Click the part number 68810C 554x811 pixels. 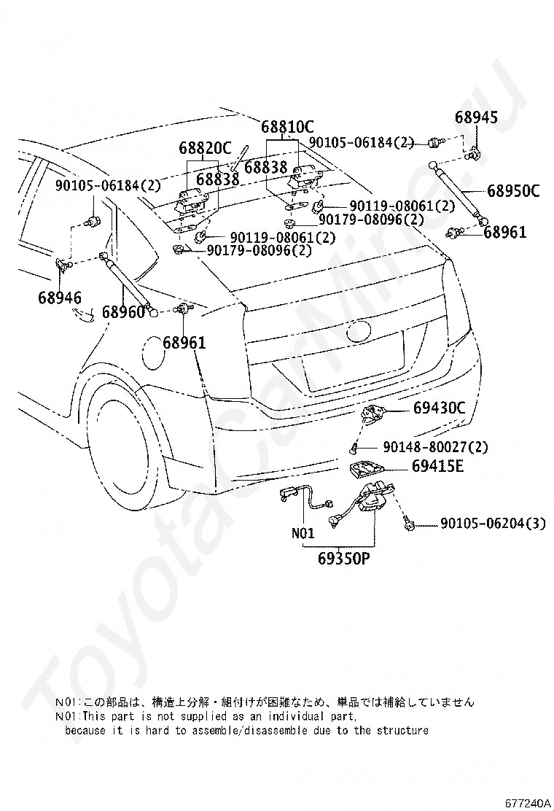pos(287,125)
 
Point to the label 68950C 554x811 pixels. pos(513,192)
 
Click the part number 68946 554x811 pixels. pos(60,297)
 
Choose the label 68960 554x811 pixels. pos(123,312)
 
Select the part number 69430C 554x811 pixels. pos(438,408)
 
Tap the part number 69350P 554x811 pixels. pos(344,560)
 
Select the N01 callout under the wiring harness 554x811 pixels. pos(303,533)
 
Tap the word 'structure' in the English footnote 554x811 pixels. pos(400,730)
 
